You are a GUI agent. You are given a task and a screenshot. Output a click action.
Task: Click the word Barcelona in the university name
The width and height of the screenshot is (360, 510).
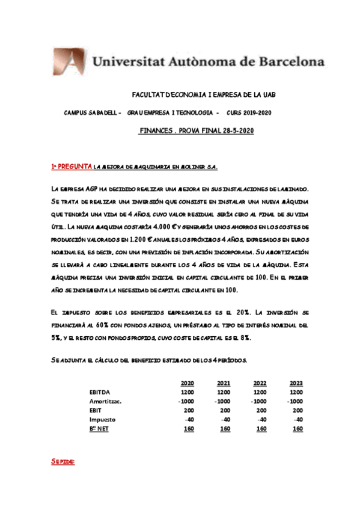click(285, 61)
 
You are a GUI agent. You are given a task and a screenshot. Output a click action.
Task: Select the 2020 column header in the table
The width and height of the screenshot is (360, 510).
click(188, 383)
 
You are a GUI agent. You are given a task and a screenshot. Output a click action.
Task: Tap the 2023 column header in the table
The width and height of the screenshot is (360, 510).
click(296, 383)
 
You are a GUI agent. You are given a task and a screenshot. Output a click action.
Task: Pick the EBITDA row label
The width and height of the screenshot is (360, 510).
click(100, 392)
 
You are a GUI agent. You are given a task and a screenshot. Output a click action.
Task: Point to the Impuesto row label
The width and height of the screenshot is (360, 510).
click(102, 419)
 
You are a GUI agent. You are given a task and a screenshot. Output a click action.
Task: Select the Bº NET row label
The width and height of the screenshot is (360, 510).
click(100, 428)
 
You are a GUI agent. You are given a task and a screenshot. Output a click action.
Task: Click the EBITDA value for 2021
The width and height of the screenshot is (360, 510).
click(224, 392)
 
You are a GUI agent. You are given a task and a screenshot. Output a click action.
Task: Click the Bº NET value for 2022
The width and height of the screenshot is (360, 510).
click(261, 428)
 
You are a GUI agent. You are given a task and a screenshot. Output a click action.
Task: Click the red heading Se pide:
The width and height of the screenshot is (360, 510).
click(63, 462)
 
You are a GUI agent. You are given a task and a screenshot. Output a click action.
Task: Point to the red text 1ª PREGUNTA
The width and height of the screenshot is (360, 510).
click(71, 165)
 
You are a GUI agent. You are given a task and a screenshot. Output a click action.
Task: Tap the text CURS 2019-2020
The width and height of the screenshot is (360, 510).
click(249, 113)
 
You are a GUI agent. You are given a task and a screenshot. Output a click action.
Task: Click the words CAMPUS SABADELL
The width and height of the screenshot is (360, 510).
click(92, 113)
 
